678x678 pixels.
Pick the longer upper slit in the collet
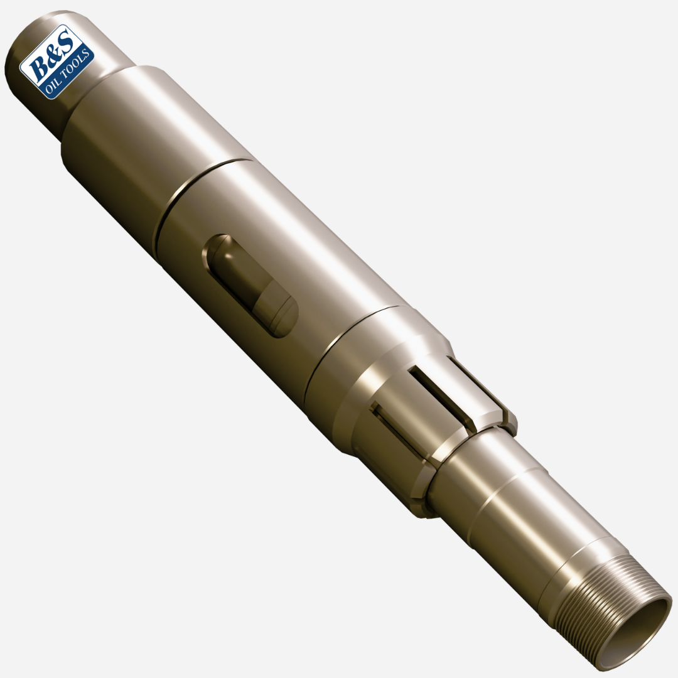(439, 397)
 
